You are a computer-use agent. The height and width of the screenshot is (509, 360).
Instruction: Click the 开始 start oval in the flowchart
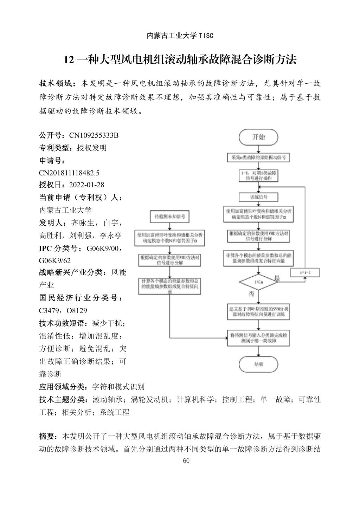258,137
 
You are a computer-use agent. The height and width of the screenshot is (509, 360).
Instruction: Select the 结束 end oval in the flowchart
258,364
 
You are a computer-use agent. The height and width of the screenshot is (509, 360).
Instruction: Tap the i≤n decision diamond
258,282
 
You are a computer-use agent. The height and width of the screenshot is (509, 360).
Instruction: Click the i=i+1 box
305,272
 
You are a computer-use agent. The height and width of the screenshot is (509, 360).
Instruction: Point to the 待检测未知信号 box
170,217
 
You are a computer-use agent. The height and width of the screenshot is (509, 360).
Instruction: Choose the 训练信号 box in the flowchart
258,196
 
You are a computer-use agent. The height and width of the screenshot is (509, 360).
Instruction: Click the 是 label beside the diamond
277,278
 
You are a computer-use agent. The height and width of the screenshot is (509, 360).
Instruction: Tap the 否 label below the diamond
251,293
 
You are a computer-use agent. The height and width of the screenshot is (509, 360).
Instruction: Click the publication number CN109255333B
94,135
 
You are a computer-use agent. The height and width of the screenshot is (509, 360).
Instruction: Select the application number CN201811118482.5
69,173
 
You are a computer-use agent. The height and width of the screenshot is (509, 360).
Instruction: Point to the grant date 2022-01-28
87,185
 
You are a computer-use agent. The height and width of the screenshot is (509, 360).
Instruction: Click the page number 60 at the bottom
186,461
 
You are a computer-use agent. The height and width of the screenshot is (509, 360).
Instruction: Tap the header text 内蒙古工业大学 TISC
180,36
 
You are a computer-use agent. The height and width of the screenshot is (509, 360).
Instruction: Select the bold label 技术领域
56,84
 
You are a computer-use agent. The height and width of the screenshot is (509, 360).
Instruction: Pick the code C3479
50,310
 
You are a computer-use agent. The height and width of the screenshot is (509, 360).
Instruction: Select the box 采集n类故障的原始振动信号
258,157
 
